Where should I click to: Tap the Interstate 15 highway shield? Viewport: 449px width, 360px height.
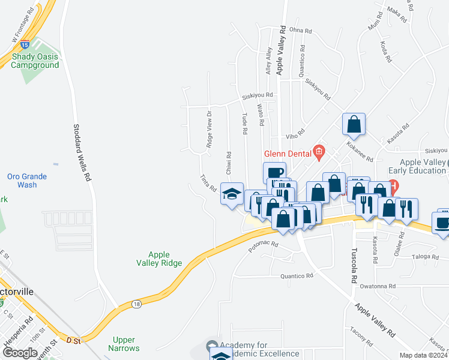24,44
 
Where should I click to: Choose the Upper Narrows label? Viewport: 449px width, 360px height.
125,344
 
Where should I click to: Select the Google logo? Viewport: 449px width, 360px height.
19,353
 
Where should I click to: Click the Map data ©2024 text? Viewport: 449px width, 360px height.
423,355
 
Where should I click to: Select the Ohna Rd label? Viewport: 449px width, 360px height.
301,30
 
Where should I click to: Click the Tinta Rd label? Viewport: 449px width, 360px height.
208,183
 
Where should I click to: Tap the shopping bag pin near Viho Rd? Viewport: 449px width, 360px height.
354,124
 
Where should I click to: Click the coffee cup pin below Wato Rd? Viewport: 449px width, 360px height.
275,173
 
